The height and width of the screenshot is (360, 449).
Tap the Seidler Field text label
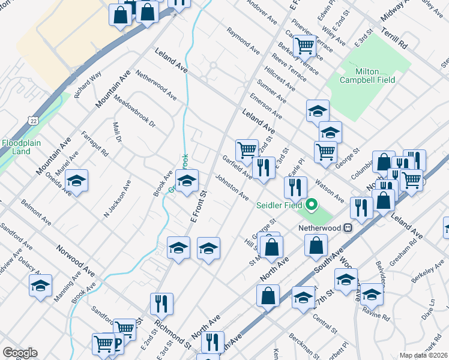click(x=280, y=205)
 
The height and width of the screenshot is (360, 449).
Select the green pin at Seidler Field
click(x=311, y=206)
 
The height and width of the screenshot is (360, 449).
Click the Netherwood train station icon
click(x=347, y=228)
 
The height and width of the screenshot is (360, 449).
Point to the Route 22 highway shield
click(x=32, y=121)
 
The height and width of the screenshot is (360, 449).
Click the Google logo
click(x=20, y=352)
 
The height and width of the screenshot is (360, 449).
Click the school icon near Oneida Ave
click(x=76, y=180)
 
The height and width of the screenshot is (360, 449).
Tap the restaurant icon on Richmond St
click(x=161, y=304)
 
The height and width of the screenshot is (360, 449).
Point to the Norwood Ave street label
click(x=76, y=259)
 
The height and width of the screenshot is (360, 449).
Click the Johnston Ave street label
click(x=232, y=187)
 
